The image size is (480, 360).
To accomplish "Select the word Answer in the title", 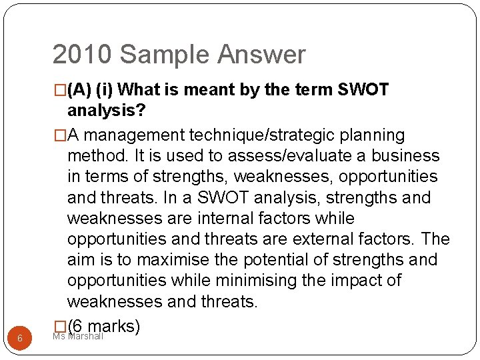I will pyautogui.click(x=266, y=55).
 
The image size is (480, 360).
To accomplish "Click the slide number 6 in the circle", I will pyautogui.click(x=20, y=339).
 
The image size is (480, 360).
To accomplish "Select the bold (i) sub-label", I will pyautogui.click(x=107, y=90).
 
